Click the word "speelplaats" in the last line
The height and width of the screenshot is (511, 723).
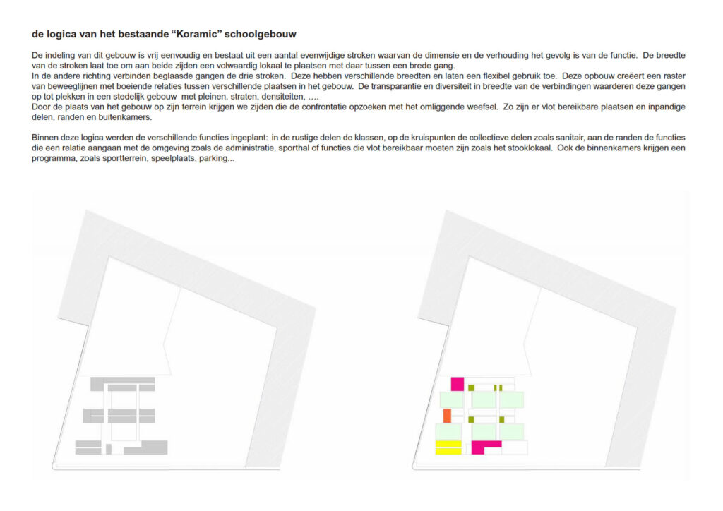tap(172, 159)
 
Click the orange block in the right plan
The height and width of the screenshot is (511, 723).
tap(447, 416)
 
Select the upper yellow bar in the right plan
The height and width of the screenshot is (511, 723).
tap(448, 443)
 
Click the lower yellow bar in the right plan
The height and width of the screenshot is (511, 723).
tap(448, 451)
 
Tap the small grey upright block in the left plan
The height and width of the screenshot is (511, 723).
tap(109, 449)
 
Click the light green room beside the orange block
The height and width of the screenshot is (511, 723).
tap(452, 399)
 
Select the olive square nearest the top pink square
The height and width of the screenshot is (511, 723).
tap(471, 387)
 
